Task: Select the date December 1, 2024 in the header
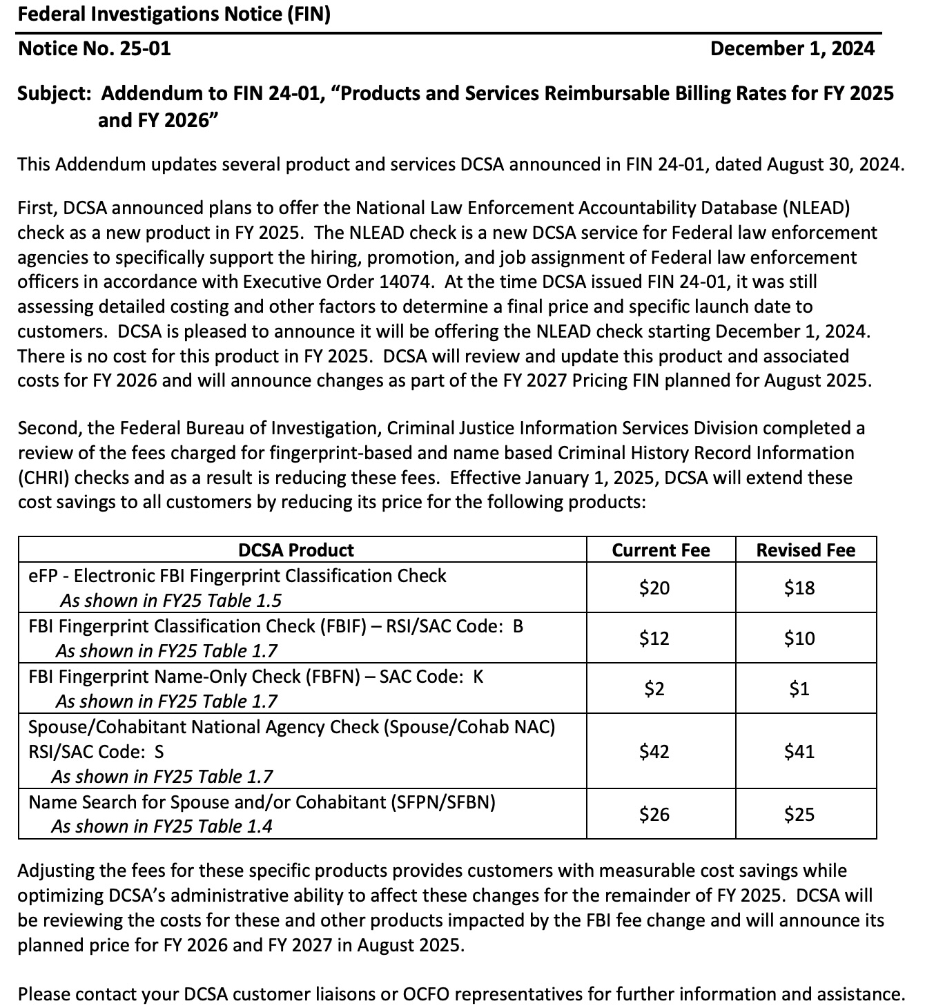click(792, 48)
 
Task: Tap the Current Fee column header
click(661, 550)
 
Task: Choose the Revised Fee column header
click(806, 550)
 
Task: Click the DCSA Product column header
click(295, 550)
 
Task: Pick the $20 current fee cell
click(654, 588)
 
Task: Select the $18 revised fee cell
click(799, 588)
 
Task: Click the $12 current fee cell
click(654, 639)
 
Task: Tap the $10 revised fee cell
click(799, 639)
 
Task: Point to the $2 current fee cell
click(654, 689)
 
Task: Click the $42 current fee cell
click(654, 751)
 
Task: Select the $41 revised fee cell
click(799, 751)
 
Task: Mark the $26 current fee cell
click(654, 815)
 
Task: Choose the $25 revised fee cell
click(799, 815)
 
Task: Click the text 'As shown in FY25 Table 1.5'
click(171, 601)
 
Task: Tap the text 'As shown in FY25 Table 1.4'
click(162, 826)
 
